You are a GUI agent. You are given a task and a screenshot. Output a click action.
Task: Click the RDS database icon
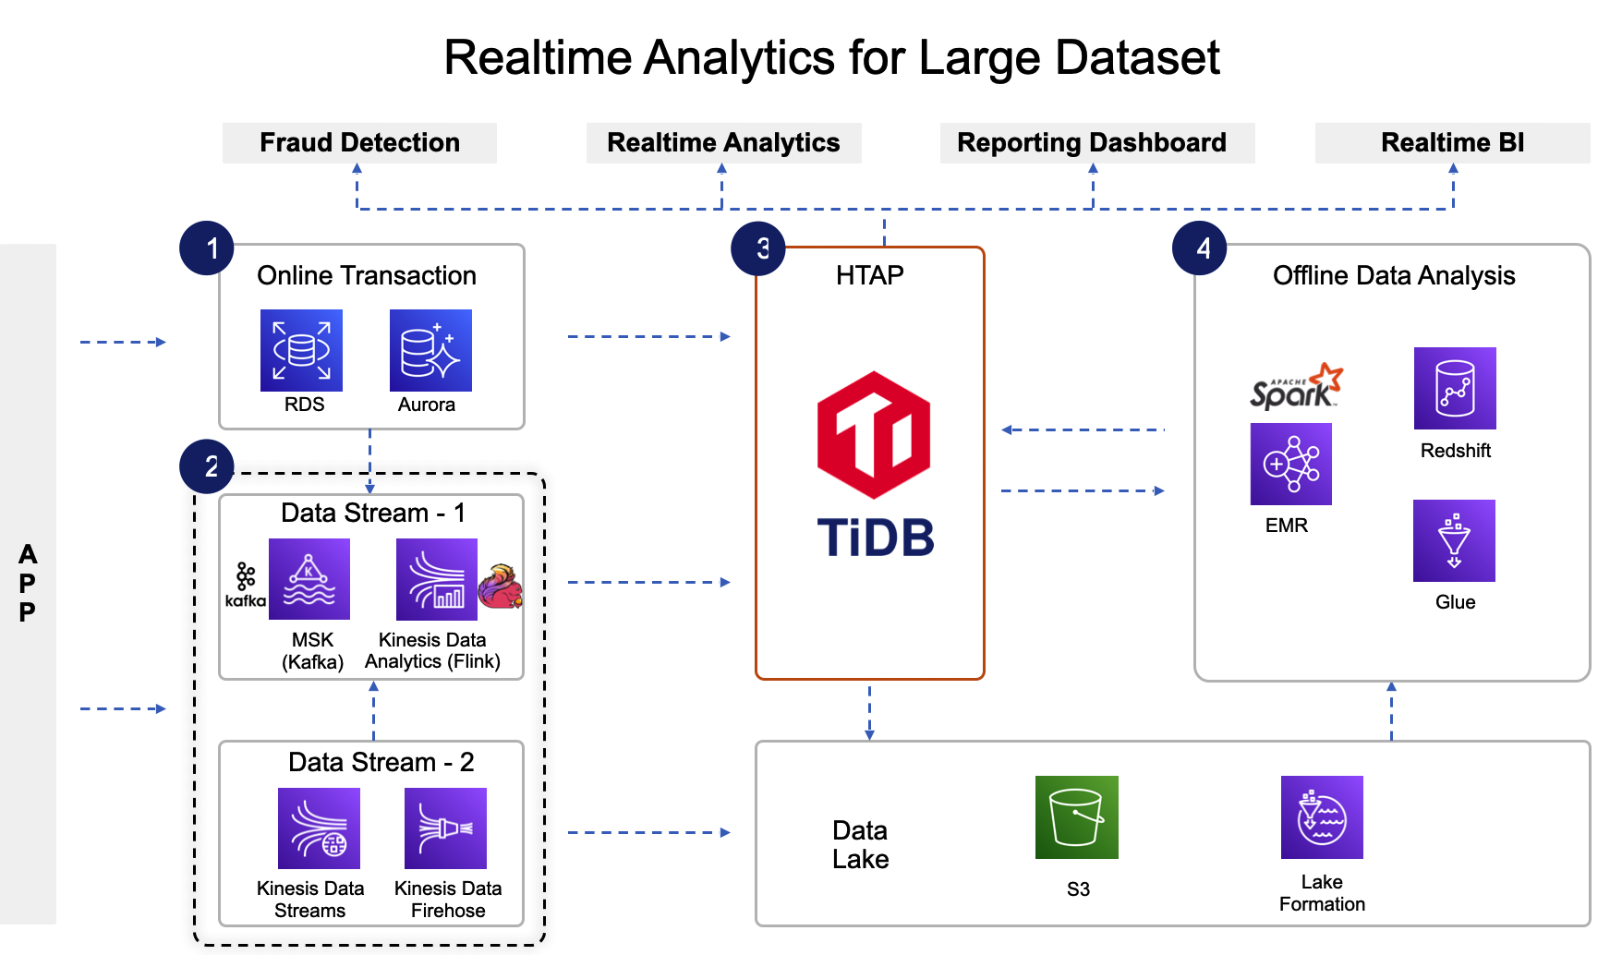coord(301,350)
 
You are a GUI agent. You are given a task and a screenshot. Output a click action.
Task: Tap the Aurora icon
coord(430,350)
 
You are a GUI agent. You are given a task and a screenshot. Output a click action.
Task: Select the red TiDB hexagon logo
coord(874,435)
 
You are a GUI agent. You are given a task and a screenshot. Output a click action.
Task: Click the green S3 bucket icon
coord(1076,817)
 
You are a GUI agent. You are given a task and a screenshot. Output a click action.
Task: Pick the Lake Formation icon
coord(1322,817)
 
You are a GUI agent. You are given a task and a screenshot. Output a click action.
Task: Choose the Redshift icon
coord(1455,388)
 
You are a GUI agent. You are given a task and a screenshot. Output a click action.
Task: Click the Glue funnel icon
coord(1454,540)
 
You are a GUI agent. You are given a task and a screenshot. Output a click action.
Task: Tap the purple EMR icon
coord(1290,464)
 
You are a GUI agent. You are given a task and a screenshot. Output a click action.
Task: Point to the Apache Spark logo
coord(1296,387)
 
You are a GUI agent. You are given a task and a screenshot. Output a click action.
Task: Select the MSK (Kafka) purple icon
coord(309,579)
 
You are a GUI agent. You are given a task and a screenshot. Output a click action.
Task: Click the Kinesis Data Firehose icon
coord(445,828)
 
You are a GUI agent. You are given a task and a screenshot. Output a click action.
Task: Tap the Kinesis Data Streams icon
coord(319,828)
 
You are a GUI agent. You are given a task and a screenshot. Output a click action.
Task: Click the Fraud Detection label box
coord(359,143)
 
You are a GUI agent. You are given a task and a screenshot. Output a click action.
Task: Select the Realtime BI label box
coord(1452,143)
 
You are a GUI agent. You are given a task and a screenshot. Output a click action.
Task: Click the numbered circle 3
coord(758,248)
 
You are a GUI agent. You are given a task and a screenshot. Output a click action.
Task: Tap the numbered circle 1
coord(207,248)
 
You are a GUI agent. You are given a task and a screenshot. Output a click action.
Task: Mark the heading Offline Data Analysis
coord(1393,275)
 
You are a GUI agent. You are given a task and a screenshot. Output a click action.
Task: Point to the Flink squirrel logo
coord(501,586)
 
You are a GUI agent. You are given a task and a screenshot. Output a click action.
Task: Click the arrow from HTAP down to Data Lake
coord(869,711)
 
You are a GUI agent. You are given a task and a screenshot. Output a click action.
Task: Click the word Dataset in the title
coord(1137,57)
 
